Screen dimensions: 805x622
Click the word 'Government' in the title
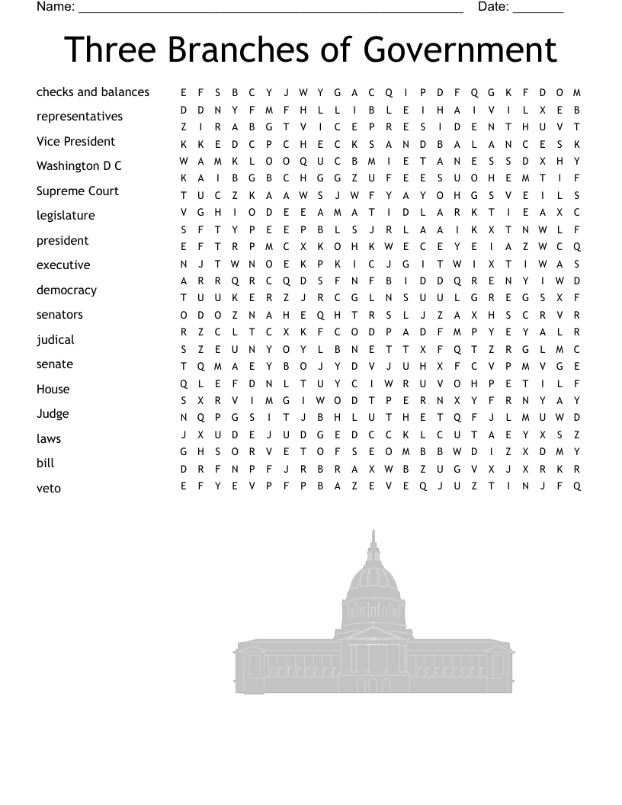[x=460, y=50]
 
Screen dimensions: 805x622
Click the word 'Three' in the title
[x=110, y=50]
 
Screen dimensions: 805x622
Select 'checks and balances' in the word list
[x=93, y=92]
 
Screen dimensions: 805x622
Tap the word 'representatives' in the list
[x=79, y=117]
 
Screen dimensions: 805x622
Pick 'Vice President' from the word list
[x=75, y=142]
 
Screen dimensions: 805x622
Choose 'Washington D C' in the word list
[x=79, y=166]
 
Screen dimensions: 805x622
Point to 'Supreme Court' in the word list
[x=78, y=191]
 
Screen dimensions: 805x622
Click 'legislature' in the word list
[x=66, y=216]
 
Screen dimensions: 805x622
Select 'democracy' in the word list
[x=66, y=290]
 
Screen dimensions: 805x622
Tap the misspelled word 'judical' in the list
[x=56, y=340]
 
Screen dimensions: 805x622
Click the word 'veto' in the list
[x=48, y=489]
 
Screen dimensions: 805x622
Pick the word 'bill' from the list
[x=46, y=463]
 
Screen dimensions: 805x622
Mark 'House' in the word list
[x=53, y=390]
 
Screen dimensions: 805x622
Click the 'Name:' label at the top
[x=56, y=8]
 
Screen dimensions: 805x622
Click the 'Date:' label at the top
[x=493, y=8]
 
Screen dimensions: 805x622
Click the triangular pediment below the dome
[x=373, y=633]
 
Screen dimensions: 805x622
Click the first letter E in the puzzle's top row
[x=184, y=93]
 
